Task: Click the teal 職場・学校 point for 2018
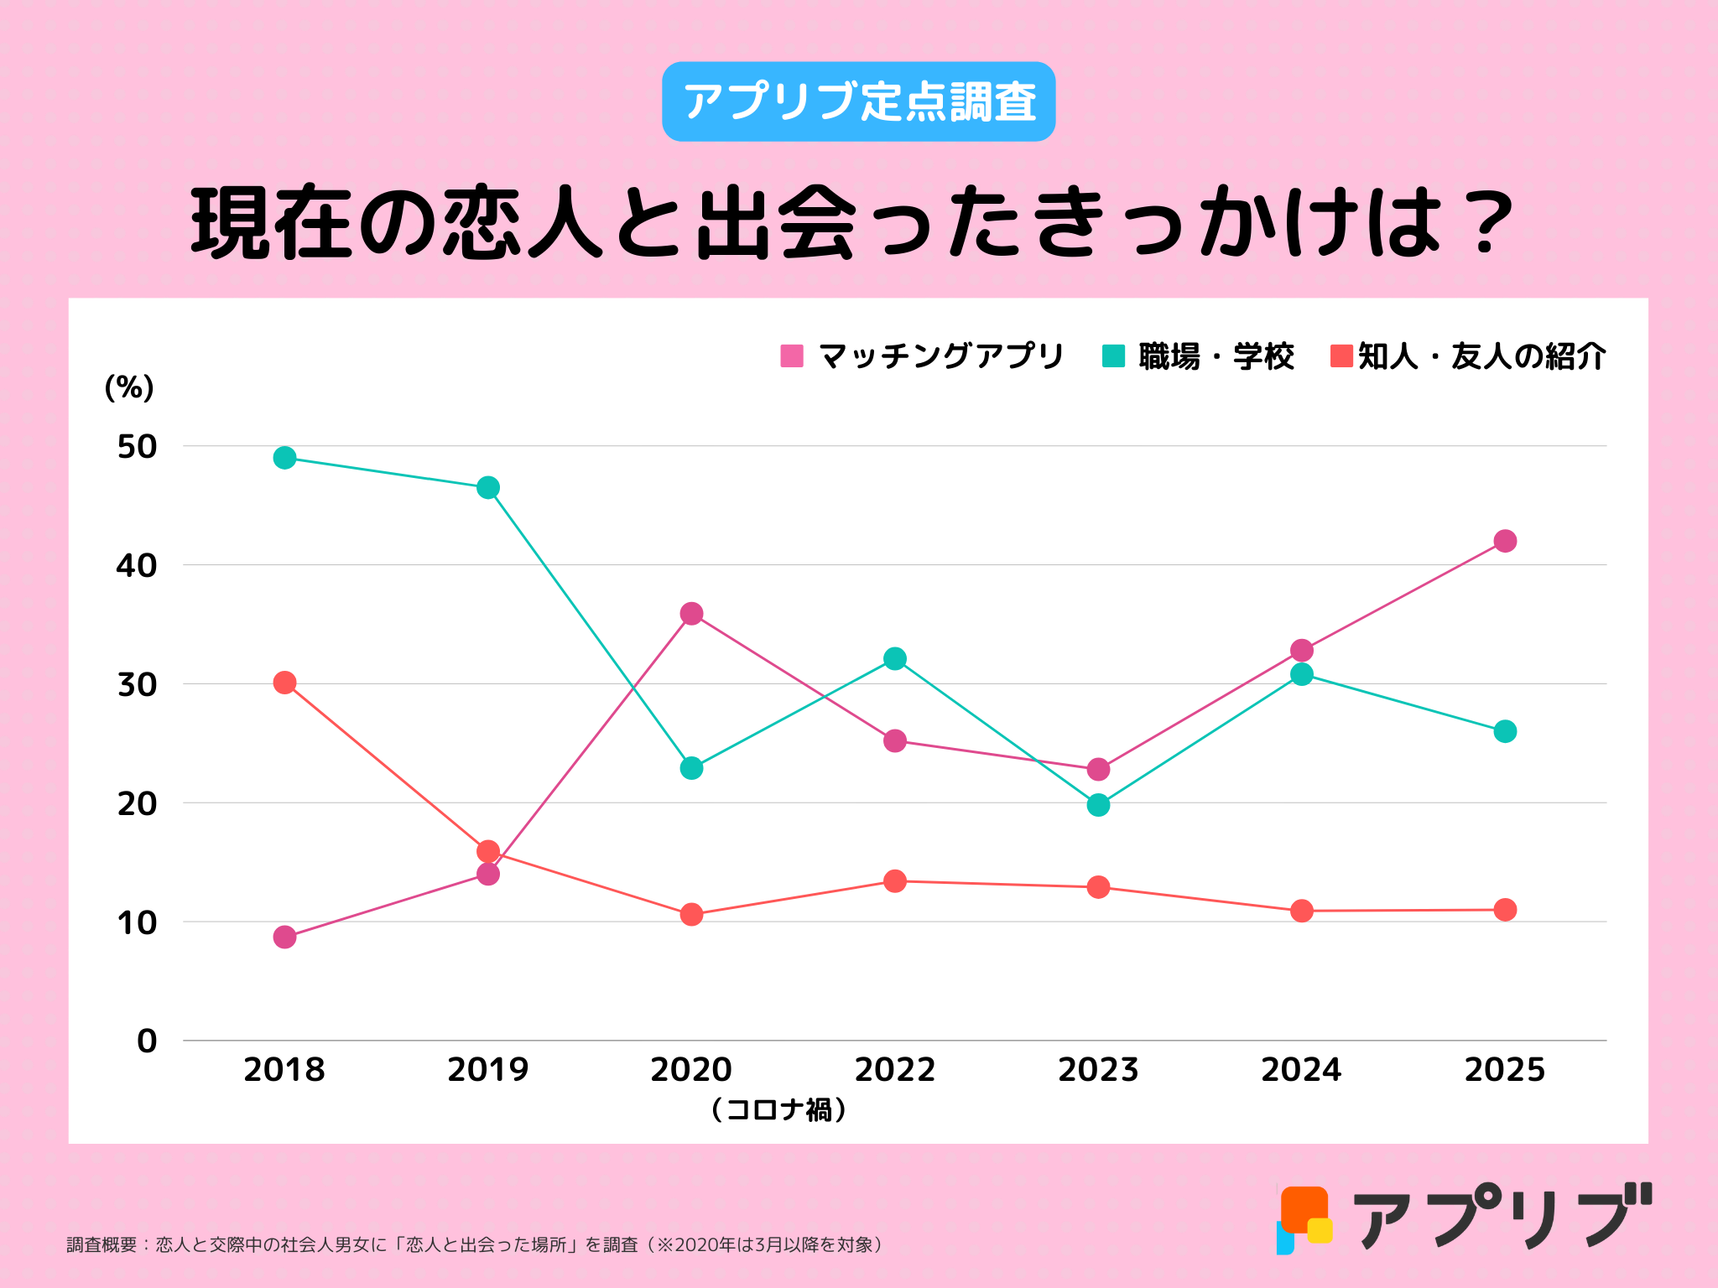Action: pos(284,458)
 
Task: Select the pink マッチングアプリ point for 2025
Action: pos(1505,541)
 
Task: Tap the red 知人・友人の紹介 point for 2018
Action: pos(284,683)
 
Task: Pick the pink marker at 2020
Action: pos(691,614)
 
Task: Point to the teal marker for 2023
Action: pos(1098,805)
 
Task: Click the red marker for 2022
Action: pos(895,881)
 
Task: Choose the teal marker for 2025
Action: pos(1505,731)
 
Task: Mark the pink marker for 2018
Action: pos(284,937)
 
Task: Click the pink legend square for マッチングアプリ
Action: pos(792,356)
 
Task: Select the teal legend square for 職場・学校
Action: pos(1112,356)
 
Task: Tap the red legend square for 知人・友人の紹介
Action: pos(1341,356)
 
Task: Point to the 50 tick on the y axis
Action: pos(137,447)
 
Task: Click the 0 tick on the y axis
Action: pos(147,1041)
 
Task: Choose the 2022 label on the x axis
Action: pos(895,1070)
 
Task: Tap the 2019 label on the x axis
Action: pos(488,1070)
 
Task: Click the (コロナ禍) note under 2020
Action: pos(778,1110)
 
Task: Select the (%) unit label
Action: pos(129,387)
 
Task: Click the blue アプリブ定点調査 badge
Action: pos(858,101)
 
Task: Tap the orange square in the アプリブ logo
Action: pos(1304,1208)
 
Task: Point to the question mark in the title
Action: pos(1486,222)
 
